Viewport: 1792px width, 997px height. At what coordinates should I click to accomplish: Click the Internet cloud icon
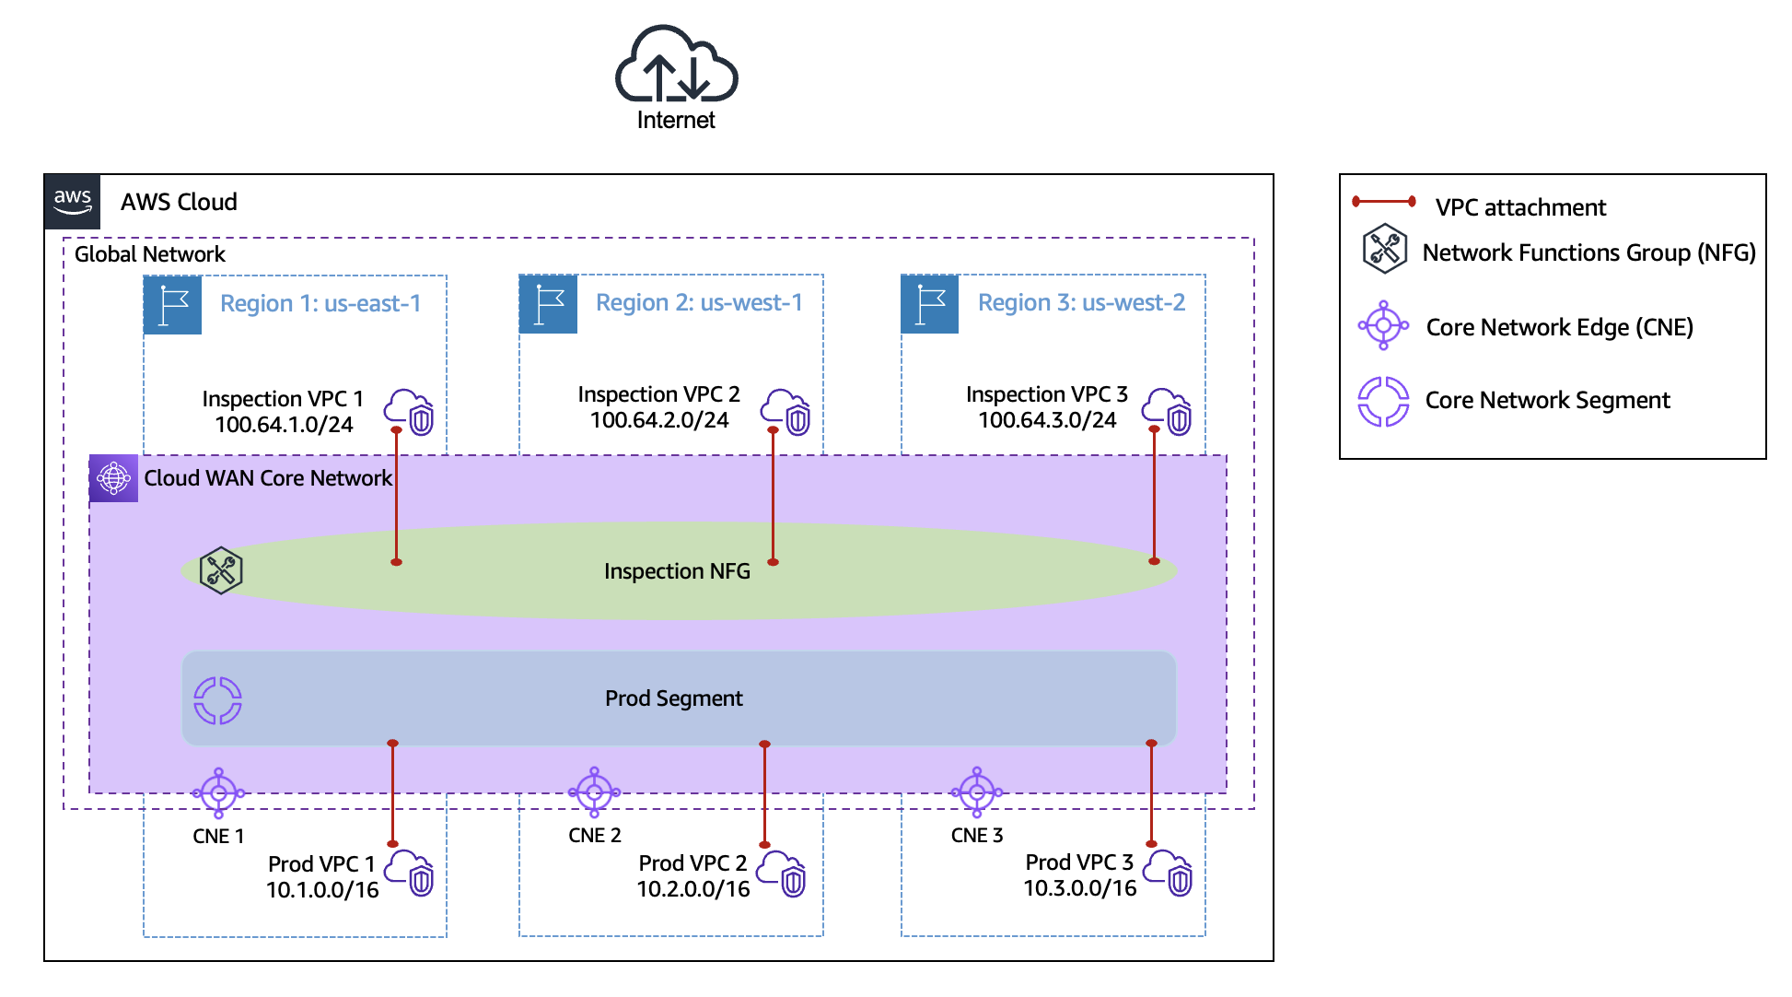(676, 65)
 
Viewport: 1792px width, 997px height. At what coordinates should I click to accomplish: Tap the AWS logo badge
(73, 201)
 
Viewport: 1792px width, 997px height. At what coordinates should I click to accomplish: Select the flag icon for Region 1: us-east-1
(173, 305)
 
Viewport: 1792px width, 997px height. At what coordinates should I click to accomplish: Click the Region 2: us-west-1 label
(699, 303)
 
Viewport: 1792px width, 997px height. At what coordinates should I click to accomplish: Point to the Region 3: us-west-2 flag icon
(930, 304)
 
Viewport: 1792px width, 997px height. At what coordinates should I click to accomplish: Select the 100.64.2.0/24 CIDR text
(659, 420)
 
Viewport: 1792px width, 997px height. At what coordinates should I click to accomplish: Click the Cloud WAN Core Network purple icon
(114, 478)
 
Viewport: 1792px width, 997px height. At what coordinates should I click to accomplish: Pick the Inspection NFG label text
(677, 571)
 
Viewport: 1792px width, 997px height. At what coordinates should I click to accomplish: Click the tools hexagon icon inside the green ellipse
(221, 570)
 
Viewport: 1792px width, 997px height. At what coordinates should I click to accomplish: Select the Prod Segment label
(673, 698)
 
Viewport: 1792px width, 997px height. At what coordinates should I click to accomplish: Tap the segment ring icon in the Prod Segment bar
(217, 700)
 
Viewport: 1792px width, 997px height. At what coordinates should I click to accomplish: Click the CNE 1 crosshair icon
(218, 792)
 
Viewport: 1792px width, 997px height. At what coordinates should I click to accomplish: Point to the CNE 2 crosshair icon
(594, 792)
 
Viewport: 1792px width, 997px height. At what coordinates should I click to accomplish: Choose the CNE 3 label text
(976, 836)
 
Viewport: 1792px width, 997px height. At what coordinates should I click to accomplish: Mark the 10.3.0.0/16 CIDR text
(1079, 888)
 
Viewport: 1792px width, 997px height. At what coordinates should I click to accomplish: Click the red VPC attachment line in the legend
(1383, 202)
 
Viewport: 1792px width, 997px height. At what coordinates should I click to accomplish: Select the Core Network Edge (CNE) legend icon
(1383, 325)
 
